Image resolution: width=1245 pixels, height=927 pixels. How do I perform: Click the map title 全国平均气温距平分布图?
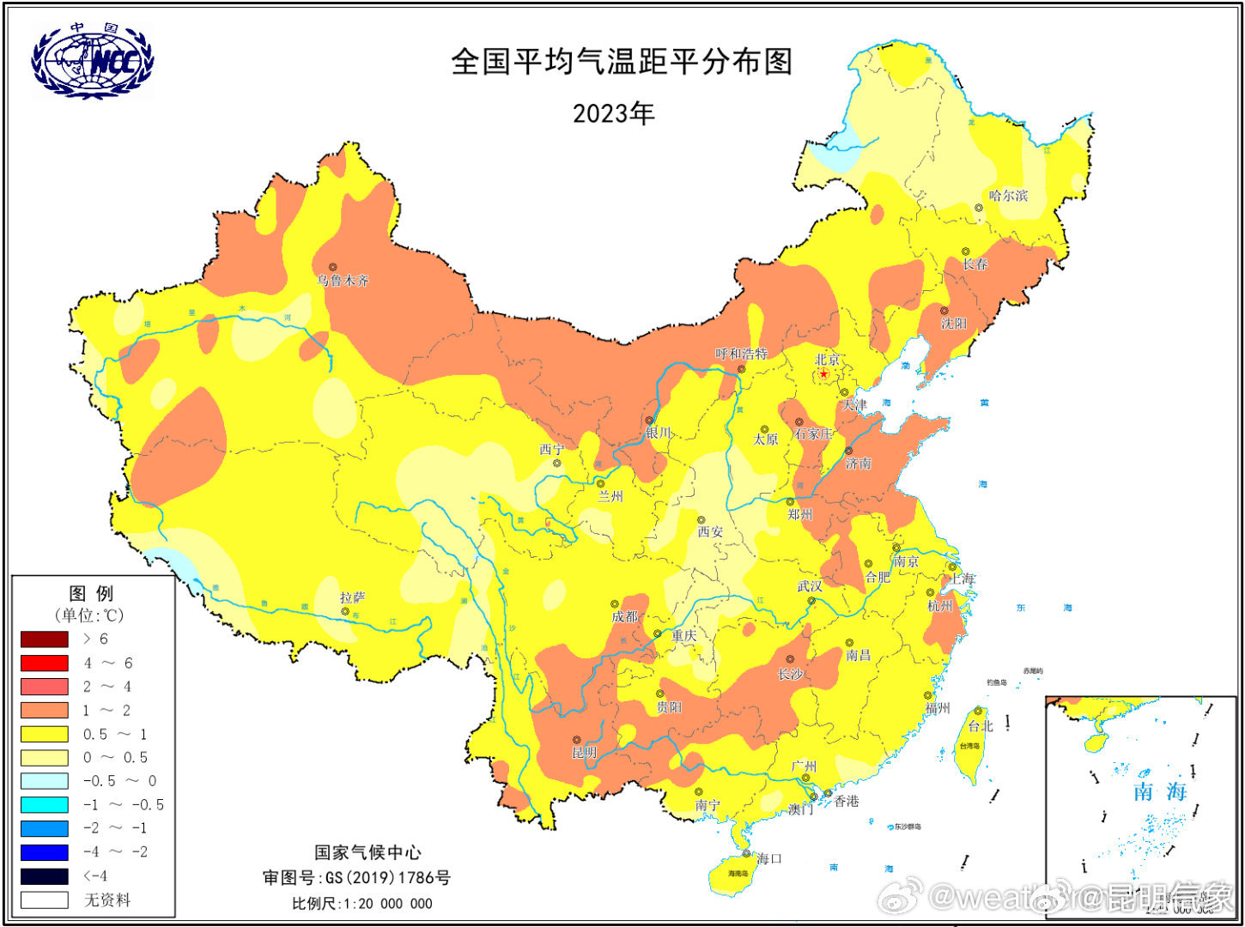point(622,62)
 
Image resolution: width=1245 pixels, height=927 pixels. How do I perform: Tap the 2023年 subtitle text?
point(613,113)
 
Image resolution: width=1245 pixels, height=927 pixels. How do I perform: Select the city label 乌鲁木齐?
point(343,281)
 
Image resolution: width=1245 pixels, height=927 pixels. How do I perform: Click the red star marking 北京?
point(823,373)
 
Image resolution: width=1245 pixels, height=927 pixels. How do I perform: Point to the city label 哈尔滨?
point(1008,196)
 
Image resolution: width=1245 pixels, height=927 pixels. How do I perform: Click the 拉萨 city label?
point(353,597)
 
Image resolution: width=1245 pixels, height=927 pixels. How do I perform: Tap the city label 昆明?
point(584,753)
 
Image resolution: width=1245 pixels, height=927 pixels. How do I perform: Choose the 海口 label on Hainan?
point(769,858)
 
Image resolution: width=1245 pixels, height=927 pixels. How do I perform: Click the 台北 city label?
point(981,726)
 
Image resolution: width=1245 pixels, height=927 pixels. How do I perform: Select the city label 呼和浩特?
point(742,354)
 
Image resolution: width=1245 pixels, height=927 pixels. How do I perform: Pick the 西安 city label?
point(710,532)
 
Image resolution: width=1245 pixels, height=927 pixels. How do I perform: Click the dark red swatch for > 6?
point(45,639)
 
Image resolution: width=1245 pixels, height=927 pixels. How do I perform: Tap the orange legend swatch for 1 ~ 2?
point(45,711)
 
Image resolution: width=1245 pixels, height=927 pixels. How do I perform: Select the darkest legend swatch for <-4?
point(45,876)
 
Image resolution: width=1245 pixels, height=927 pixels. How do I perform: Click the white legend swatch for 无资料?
point(45,900)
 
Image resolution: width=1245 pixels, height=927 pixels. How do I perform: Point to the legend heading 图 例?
point(91,593)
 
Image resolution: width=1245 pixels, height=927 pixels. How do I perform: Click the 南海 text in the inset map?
point(1160,791)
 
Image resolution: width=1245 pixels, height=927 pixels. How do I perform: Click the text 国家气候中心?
point(367,852)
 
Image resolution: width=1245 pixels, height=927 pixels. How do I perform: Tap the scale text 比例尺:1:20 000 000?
point(361,903)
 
